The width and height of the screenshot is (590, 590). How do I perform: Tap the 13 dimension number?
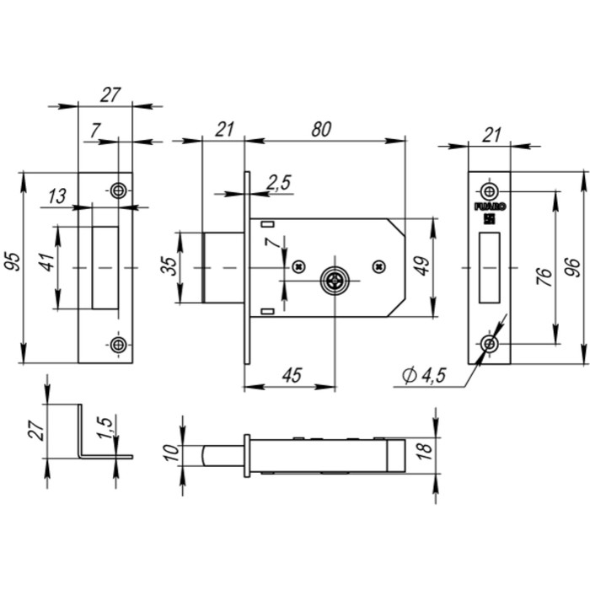(x=57, y=196)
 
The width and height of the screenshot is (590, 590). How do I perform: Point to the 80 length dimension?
(x=320, y=129)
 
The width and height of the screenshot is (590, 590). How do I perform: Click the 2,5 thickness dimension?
(x=279, y=181)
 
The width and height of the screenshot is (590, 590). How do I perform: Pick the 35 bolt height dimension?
(x=169, y=266)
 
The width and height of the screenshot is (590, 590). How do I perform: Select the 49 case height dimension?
(x=422, y=266)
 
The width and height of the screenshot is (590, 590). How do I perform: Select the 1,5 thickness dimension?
(x=103, y=430)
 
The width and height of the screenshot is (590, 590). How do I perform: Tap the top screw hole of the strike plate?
(x=119, y=190)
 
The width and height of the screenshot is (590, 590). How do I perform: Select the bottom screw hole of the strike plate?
(x=119, y=345)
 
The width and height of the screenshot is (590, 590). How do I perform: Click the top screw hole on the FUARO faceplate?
(x=489, y=190)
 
